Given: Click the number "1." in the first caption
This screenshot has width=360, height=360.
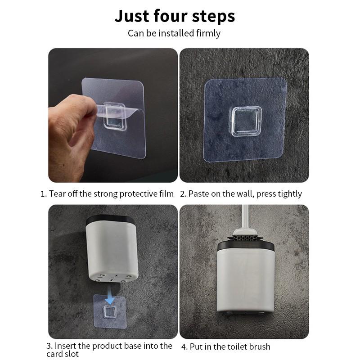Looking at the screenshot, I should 44,194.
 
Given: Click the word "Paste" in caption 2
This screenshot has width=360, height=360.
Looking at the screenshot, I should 198,194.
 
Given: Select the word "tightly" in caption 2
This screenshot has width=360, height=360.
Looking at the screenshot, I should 288,194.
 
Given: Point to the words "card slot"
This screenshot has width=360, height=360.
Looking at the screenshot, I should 63,354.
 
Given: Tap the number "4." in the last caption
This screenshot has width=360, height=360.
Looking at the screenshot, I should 184,346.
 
